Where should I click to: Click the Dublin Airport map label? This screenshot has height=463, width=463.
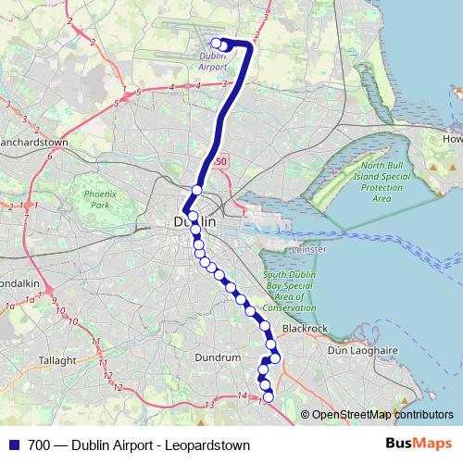coord(213,61)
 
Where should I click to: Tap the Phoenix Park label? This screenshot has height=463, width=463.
coord(96,199)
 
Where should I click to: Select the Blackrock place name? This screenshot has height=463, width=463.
coord(305,328)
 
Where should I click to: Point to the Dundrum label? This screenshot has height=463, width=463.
coord(219,356)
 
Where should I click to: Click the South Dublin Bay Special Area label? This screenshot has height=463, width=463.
coord(290,291)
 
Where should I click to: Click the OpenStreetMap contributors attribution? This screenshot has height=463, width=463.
coord(382,415)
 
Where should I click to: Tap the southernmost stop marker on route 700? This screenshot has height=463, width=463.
coord(269,397)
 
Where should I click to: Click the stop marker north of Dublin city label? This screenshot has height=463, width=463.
coord(196,190)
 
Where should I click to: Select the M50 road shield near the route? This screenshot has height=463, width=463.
coord(219,162)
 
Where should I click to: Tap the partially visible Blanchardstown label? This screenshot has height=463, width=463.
coord(35,144)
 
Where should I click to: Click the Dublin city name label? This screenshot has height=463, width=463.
coord(194,222)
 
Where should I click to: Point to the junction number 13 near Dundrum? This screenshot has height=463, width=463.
coord(210,405)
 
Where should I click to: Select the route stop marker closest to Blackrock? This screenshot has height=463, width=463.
coord(275,357)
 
